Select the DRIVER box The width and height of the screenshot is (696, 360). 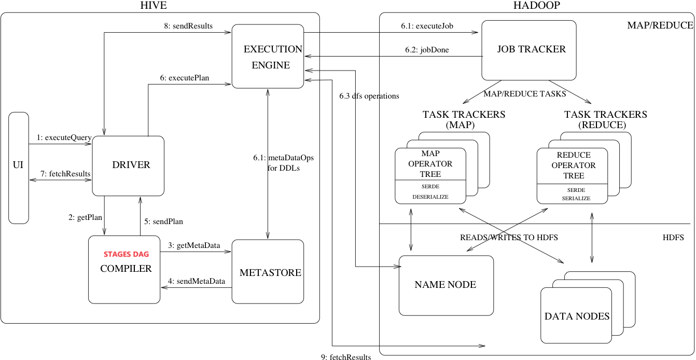(128, 165)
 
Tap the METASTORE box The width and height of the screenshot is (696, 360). (268, 272)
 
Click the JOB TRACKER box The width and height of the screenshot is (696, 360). (529, 50)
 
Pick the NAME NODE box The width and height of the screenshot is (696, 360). (446, 285)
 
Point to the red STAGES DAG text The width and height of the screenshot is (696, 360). (127, 254)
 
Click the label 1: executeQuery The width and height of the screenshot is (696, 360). (64, 138)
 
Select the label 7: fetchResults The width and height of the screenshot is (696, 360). (64, 174)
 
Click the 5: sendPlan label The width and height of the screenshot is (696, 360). (164, 221)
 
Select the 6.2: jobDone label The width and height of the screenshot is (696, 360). (427, 50)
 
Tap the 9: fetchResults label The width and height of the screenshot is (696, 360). (346, 356)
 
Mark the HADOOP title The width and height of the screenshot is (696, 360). (536, 6)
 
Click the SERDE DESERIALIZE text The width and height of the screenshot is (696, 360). (430, 192)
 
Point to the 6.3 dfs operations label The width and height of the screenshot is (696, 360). (369, 96)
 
